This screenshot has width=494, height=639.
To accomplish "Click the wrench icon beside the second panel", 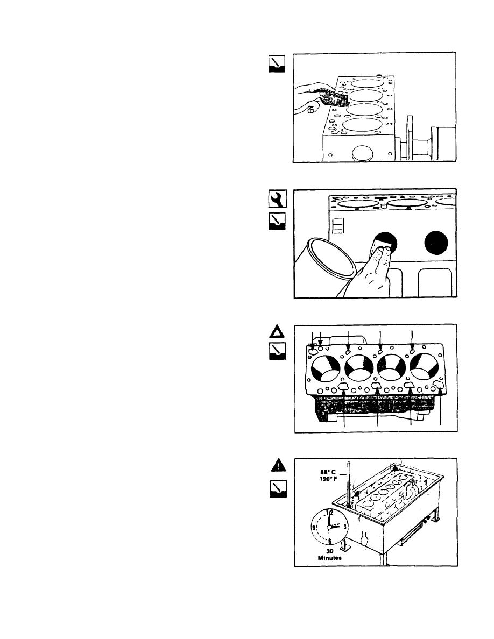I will point(273,200).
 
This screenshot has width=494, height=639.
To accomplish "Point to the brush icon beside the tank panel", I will point(273,489).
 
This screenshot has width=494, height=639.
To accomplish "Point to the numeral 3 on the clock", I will point(344,526).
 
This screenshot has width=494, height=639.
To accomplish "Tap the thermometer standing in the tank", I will point(349,484).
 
